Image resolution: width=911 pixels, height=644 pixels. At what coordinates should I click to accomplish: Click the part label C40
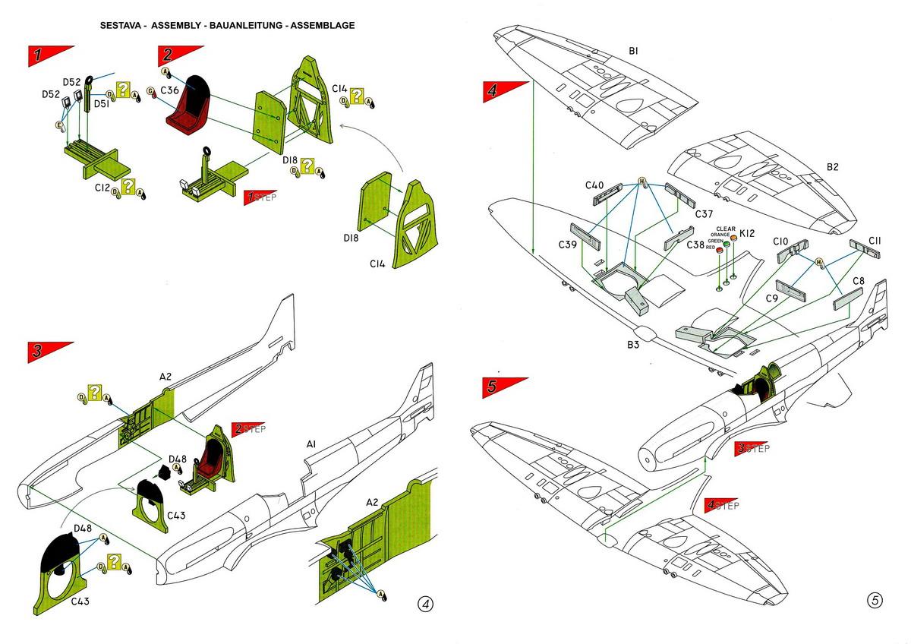coord(594,186)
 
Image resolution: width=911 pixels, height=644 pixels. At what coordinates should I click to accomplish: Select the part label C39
coord(567,245)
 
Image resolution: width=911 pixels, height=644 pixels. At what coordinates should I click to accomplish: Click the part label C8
coord(858,281)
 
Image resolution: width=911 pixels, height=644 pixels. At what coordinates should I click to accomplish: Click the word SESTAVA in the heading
coord(123,25)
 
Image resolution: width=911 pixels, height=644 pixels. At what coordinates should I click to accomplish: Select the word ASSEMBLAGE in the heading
coord(319,25)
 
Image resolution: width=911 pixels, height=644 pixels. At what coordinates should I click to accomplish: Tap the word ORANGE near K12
coord(718,235)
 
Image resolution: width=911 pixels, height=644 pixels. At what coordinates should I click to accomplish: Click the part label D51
coord(102,104)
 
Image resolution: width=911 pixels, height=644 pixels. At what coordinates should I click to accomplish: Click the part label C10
coord(781,241)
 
